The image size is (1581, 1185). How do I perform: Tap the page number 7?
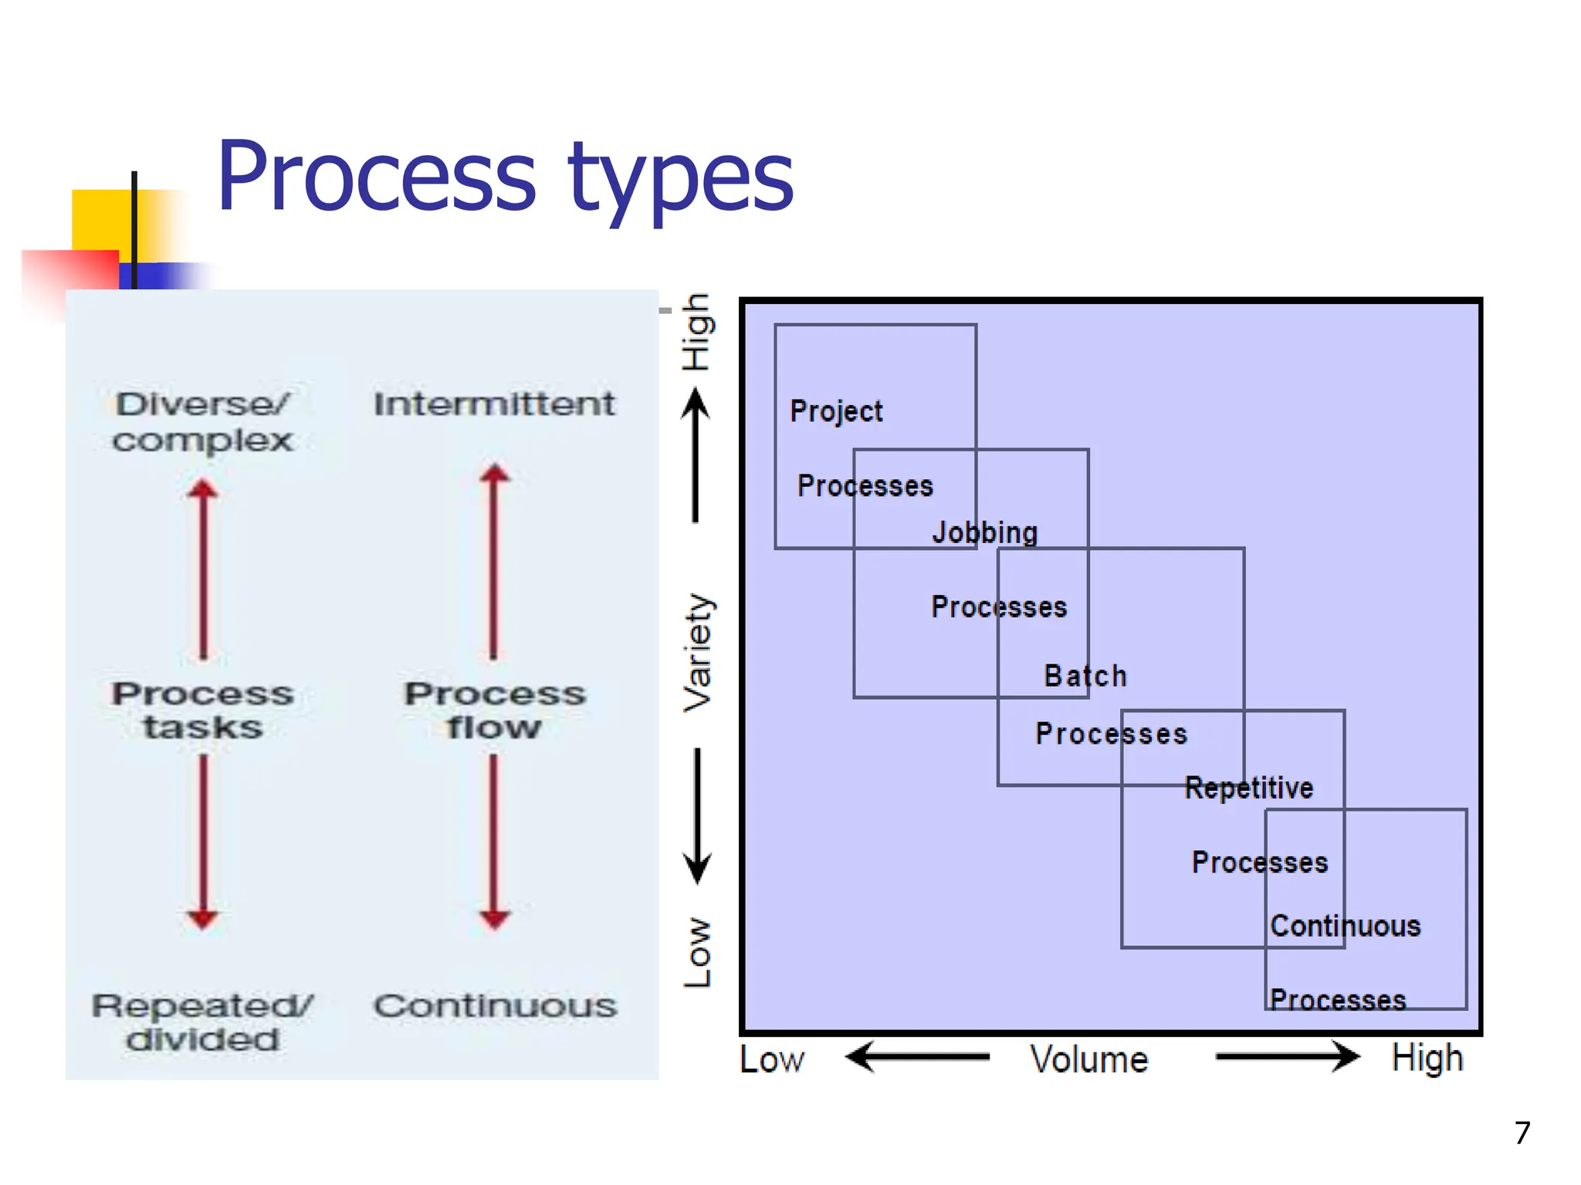1522,1133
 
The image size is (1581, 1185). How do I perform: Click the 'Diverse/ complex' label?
202,422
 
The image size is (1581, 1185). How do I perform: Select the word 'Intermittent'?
494,403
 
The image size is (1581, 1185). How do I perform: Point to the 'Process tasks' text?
202,710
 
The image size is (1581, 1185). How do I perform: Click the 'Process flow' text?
494,710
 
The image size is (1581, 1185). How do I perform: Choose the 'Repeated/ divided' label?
202,1022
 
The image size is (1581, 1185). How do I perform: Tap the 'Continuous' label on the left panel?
495,1005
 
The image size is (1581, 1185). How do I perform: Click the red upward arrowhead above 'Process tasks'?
203,489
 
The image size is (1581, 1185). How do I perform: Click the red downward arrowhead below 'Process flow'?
494,918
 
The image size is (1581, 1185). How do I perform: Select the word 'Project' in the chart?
836,411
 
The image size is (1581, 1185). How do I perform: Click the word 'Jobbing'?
984,532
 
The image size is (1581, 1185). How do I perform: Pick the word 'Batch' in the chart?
1085,676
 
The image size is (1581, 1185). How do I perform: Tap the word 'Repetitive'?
1248,788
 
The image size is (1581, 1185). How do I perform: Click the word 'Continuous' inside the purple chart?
1345,925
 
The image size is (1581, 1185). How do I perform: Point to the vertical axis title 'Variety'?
698,652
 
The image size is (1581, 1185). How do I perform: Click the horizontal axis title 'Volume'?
1088,1059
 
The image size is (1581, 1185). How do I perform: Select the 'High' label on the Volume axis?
1427,1058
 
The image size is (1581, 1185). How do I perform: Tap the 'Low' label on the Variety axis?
698,952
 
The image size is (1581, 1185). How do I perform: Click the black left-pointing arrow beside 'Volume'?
917,1056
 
